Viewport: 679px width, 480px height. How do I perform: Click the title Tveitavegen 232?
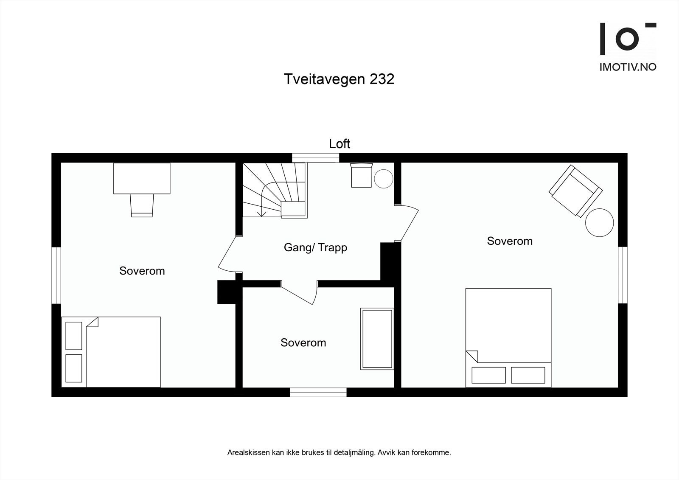pos(339,79)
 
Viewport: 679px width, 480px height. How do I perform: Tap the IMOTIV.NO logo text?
pos(628,67)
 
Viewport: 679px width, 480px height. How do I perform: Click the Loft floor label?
pos(339,143)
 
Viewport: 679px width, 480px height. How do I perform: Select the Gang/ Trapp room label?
pos(315,247)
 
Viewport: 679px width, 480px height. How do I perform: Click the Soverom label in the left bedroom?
pos(142,271)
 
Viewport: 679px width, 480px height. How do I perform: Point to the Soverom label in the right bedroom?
pos(509,241)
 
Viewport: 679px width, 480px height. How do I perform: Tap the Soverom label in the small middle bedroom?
pos(303,342)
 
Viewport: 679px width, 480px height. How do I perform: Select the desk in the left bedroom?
pos(142,178)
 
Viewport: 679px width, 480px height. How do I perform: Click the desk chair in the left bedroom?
pos(142,205)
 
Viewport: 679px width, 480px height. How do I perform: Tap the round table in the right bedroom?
pos(599,222)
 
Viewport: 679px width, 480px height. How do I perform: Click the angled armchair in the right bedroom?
pos(575,191)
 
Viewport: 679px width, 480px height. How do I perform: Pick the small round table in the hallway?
pos(384,179)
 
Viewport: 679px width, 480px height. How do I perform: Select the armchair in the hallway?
pos(362,175)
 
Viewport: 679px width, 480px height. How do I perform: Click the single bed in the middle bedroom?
pos(377,339)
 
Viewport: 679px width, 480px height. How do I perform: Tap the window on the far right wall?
pos(623,275)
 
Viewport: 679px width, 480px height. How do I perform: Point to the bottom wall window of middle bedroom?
pos(318,392)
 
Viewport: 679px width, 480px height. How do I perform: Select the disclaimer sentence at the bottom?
pos(339,452)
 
